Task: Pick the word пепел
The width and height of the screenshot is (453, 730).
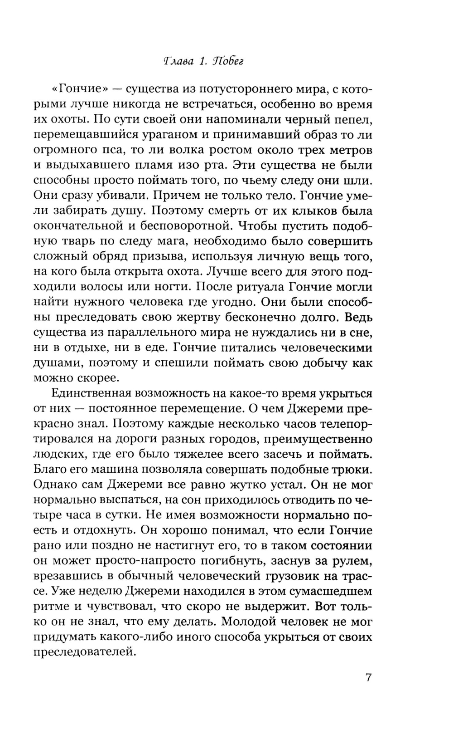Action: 353,119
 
